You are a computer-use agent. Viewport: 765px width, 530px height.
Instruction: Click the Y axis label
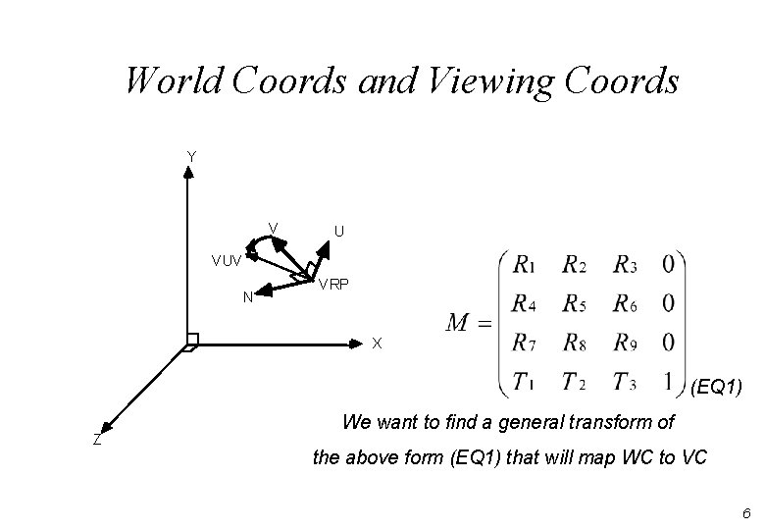(x=191, y=155)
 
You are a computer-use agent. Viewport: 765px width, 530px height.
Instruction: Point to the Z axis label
(x=96, y=440)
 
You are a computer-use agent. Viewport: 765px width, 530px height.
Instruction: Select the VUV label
(x=227, y=261)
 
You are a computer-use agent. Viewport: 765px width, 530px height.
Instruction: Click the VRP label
(x=332, y=285)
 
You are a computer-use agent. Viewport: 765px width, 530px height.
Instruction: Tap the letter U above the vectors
(x=338, y=232)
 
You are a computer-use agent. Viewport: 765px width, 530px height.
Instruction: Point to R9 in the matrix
(x=625, y=343)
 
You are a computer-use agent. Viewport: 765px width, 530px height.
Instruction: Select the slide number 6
(x=746, y=513)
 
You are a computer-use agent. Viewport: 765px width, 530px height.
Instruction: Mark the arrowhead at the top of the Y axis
(x=188, y=171)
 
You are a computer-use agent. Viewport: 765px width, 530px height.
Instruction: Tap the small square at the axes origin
(x=191, y=342)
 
